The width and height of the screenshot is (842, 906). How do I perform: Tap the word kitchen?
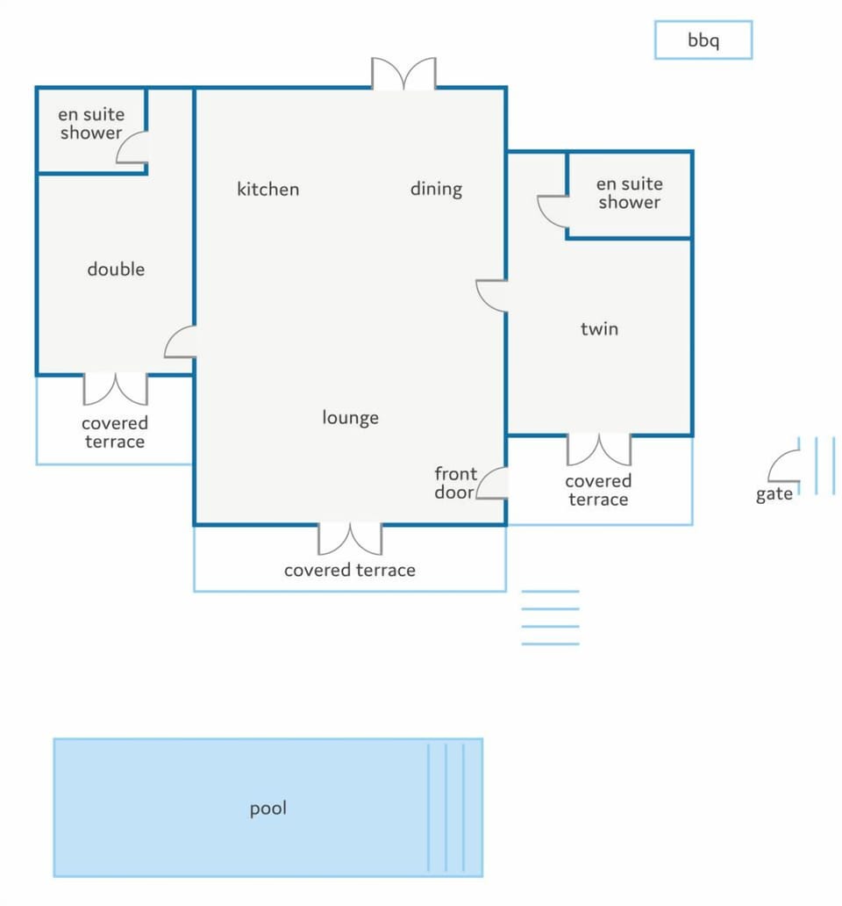point(268,189)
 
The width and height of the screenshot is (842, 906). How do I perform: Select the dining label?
point(436,189)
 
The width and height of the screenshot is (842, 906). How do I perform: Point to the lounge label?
point(350,417)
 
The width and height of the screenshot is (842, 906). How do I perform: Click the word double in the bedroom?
point(116,269)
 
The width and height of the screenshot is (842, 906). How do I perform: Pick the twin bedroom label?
point(599,328)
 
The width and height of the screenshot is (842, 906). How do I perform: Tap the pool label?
point(268,808)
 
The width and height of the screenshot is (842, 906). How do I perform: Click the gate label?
point(774,494)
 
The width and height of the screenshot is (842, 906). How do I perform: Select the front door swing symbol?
point(492,483)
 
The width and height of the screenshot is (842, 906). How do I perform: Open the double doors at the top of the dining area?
point(403,74)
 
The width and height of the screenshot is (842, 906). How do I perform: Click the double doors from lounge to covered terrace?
point(350,538)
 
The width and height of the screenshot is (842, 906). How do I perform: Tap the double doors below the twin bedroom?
point(599,449)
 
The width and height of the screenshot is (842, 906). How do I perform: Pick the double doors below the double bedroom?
point(116,388)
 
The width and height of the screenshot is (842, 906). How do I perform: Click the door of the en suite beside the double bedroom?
point(132,147)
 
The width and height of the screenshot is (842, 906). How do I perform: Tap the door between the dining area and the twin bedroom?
point(491,296)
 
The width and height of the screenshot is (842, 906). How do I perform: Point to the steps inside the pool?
point(446,808)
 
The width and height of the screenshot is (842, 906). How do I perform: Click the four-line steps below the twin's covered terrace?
point(550,618)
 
